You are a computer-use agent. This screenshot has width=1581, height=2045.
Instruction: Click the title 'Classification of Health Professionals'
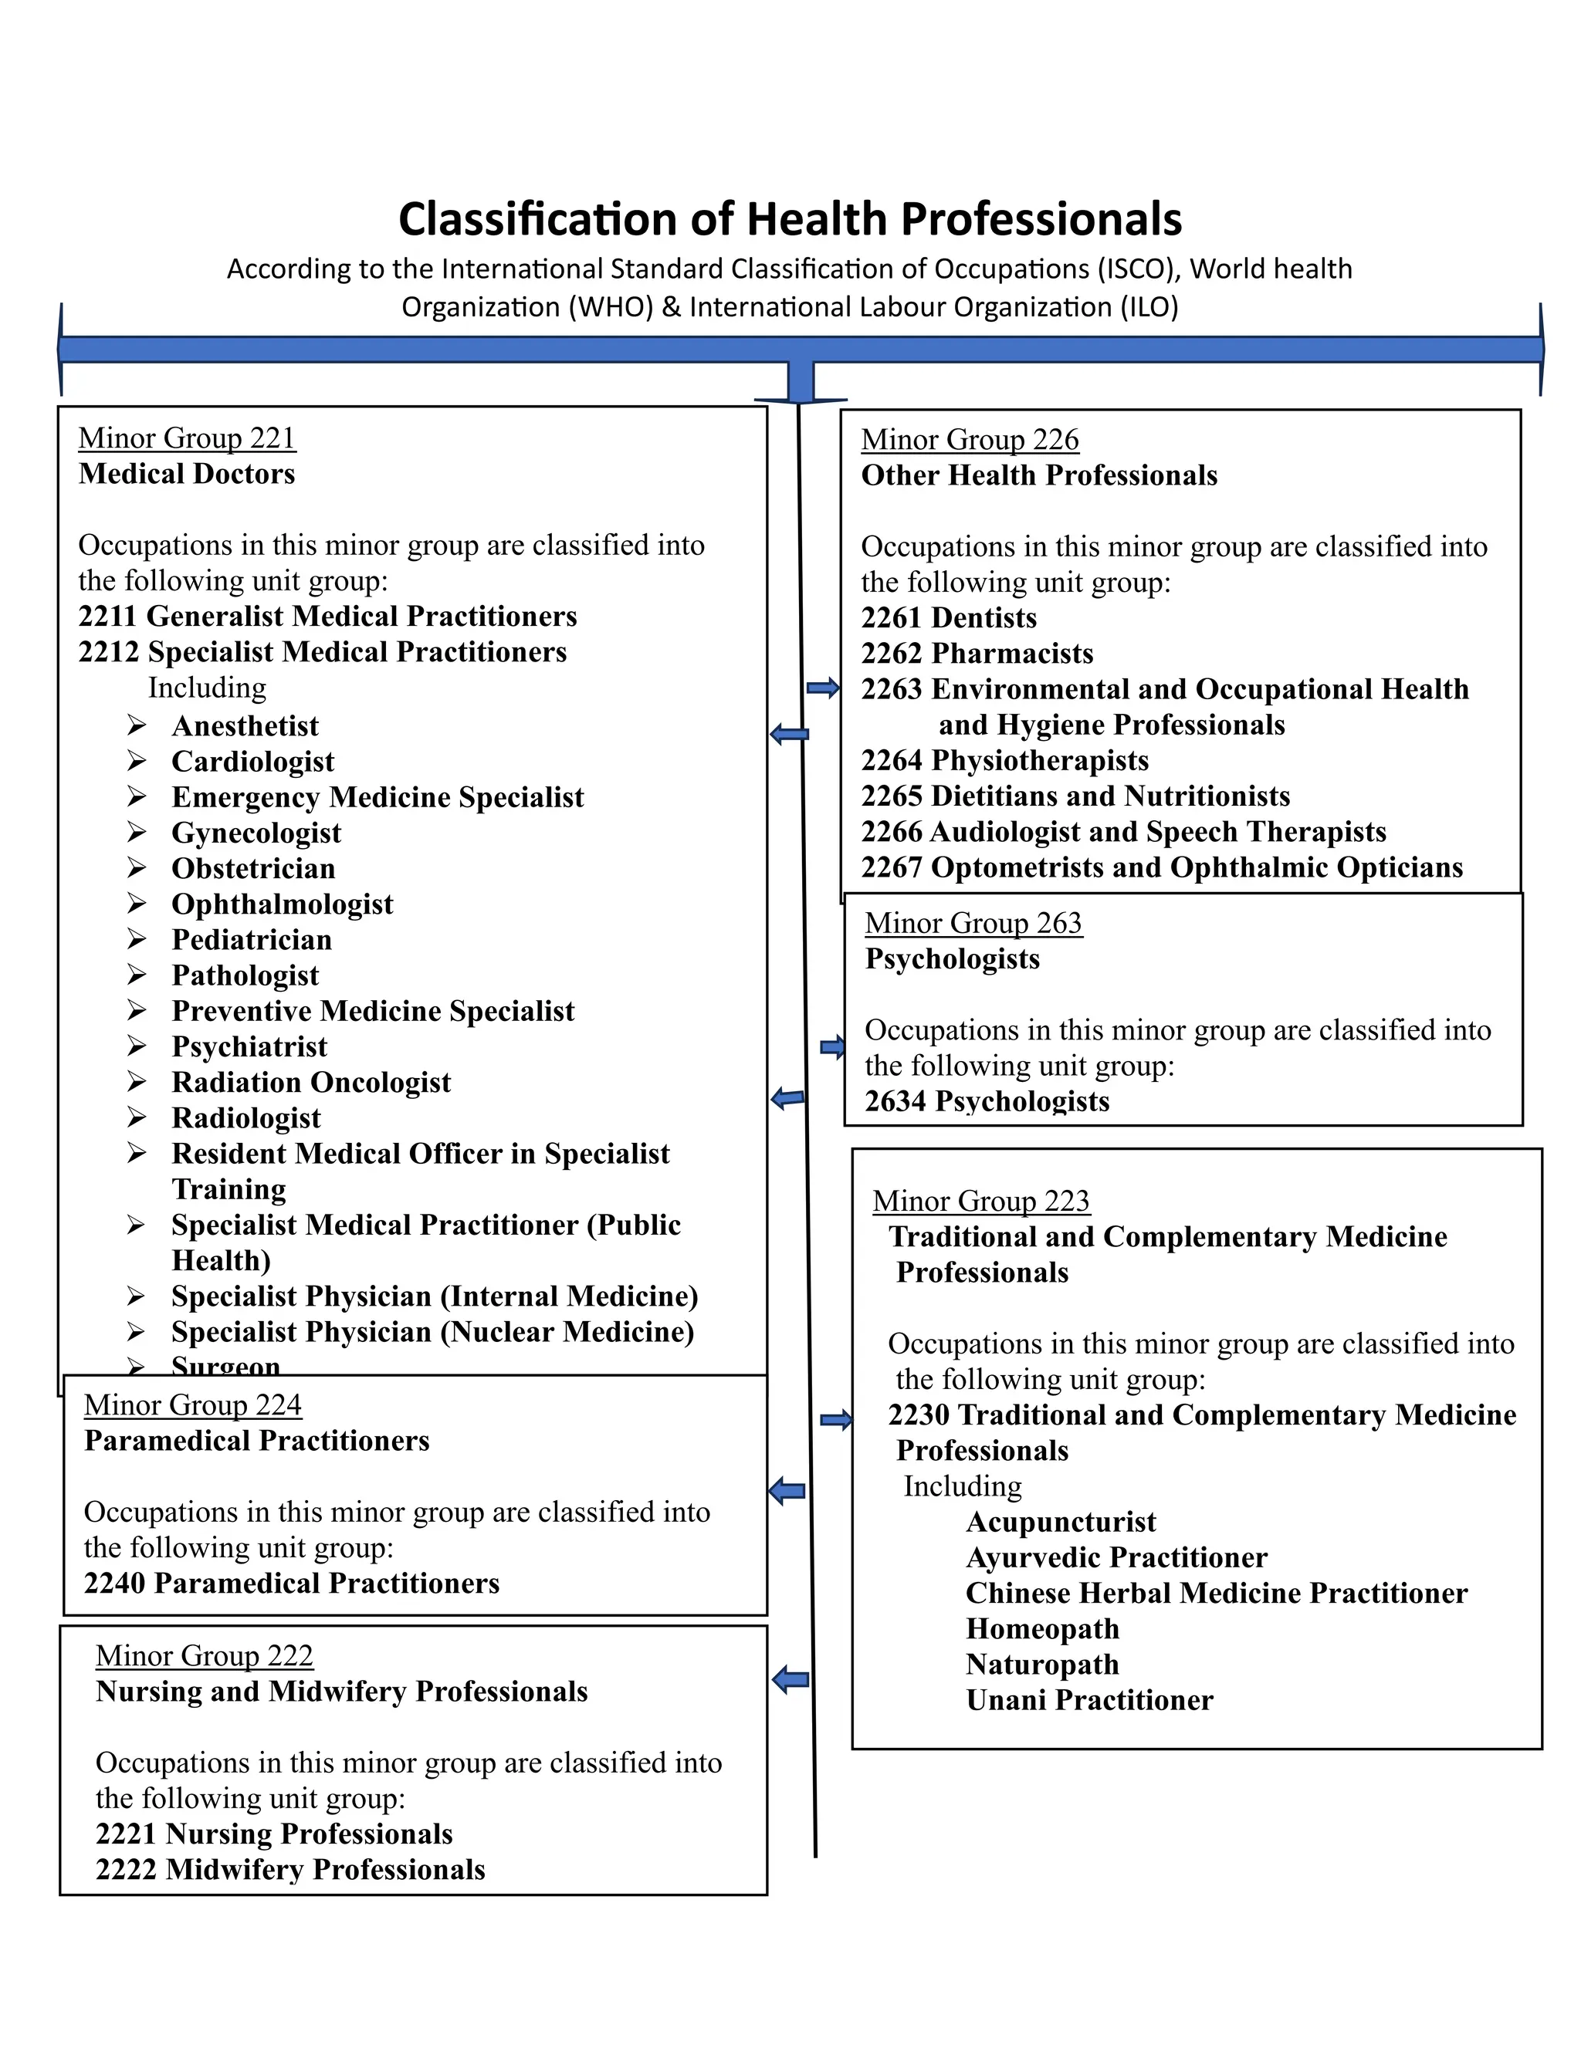point(790,219)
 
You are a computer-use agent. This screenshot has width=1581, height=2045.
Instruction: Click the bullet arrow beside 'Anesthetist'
point(137,725)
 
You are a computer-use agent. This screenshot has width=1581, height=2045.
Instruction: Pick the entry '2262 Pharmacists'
point(977,654)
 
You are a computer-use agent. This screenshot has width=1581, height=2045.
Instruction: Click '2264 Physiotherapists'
point(1004,760)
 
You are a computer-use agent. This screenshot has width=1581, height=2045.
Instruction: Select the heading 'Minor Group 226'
point(970,440)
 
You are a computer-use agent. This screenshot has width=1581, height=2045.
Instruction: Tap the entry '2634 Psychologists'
point(987,1101)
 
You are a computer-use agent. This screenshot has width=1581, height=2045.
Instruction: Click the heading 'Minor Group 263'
point(973,923)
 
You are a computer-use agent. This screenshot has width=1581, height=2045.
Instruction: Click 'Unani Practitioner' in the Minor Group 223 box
point(1088,1699)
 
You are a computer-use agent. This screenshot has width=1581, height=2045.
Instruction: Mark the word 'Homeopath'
point(1041,1628)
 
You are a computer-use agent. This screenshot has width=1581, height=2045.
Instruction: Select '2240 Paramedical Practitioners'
point(291,1584)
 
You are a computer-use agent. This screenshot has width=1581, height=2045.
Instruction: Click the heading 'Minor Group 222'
point(203,1655)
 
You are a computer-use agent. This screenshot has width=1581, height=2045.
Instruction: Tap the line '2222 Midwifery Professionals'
point(289,1869)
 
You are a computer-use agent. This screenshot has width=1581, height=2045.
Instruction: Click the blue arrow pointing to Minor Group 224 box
point(787,1491)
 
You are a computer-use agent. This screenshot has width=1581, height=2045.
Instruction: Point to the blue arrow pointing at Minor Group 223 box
point(835,1421)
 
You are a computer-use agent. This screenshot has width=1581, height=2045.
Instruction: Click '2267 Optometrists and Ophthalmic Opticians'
point(1161,867)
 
